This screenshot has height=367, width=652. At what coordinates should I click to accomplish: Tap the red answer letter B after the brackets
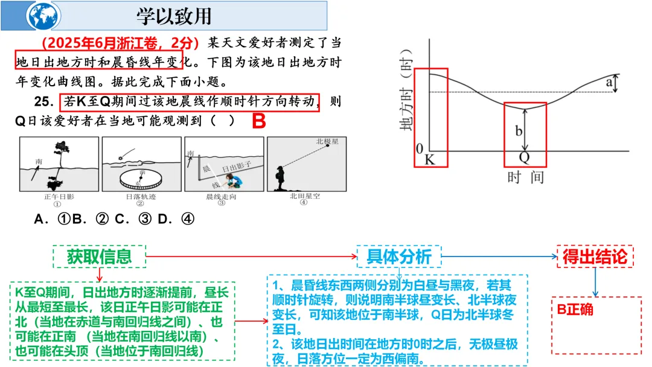[258, 121]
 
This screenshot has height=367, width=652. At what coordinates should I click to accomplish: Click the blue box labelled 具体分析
[399, 257]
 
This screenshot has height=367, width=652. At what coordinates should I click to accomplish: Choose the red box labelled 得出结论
[595, 257]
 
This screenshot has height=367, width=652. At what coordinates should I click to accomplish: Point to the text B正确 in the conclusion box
[575, 310]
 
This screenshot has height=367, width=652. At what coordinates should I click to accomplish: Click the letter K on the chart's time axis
[430, 159]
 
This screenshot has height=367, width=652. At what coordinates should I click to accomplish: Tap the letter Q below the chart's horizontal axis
[525, 159]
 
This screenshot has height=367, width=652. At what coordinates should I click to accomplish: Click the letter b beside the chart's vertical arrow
[519, 130]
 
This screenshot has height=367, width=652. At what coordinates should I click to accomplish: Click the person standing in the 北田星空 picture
[281, 174]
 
